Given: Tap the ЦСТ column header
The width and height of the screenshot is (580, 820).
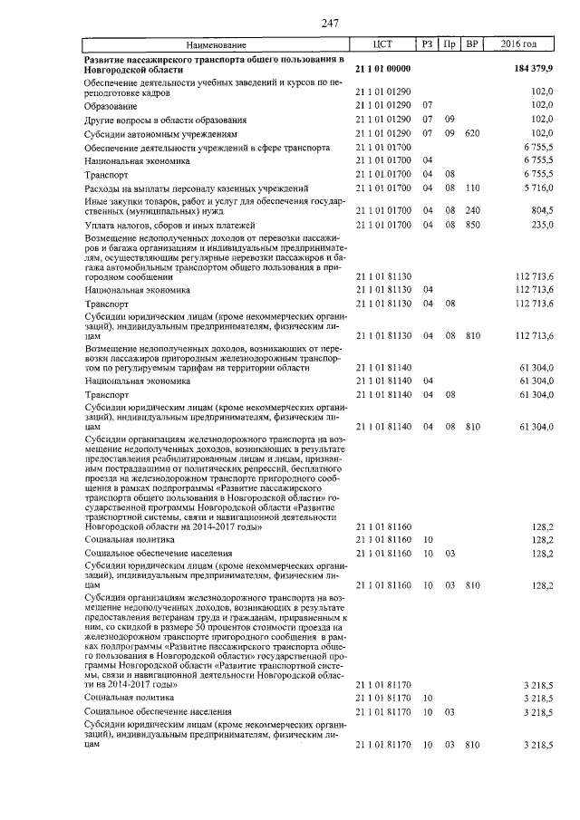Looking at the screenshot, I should pyautogui.click(x=382, y=44).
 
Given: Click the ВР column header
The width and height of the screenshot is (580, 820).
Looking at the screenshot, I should pyautogui.click(x=472, y=44).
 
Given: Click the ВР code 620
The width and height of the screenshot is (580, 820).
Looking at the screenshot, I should pyautogui.click(x=471, y=133).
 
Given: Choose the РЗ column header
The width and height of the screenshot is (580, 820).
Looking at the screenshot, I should pyautogui.click(x=428, y=44).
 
